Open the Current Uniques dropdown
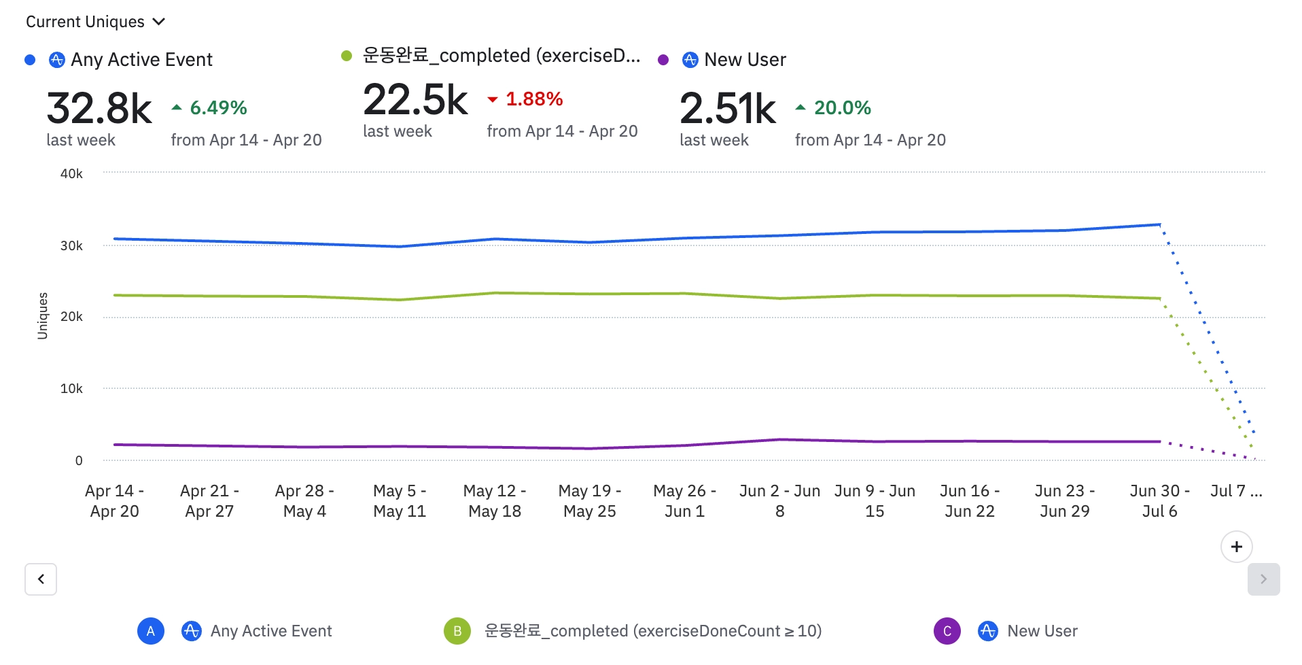pyautogui.click(x=95, y=22)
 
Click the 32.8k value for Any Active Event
pyautogui.click(x=99, y=108)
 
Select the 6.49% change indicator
pyautogui.click(x=217, y=107)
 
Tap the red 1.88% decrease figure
pyautogui.click(x=533, y=99)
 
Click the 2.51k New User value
pyautogui.click(x=727, y=108)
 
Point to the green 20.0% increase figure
pyautogui.click(x=842, y=107)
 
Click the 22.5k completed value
pyautogui.click(x=415, y=100)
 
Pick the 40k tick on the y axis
pyautogui.click(x=71, y=173)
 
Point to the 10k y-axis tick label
pyautogui.click(x=71, y=388)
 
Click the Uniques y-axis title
pyautogui.click(x=43, y=316)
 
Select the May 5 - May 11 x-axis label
pyautogui.click(x=400, y=500)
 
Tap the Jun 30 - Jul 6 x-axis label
pyautogui.click(x=1159, y=500)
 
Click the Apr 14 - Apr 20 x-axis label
pyautogui.click(x=114, y=500)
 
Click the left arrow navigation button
pyautogui.click(x=41, y=579)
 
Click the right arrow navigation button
pyautogui.click(x=1263, y=579)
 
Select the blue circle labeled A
pyautogui.click(x=151, y=631)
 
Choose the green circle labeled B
pyautogui.click(x=457, y=631)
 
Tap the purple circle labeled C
pyautogui.click(x=947, y=631)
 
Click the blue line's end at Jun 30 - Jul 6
pyautogui.click(x=1159, y=224)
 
